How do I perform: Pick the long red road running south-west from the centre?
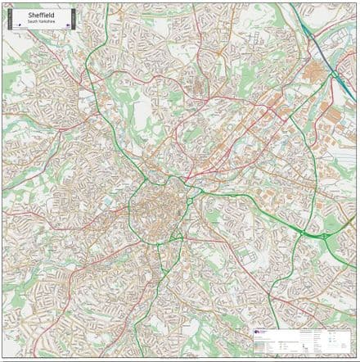tap(98, 270)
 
